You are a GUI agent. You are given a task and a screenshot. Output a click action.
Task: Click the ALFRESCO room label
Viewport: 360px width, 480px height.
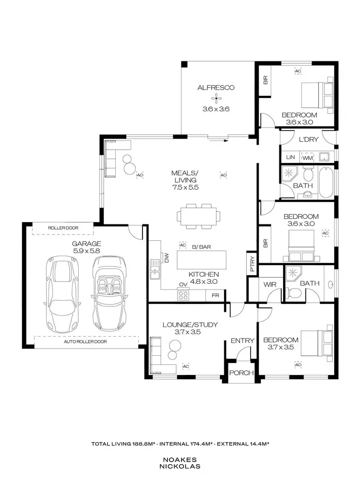point(216,87)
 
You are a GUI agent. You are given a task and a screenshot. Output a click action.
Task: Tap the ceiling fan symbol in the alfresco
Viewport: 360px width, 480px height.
point(217,99)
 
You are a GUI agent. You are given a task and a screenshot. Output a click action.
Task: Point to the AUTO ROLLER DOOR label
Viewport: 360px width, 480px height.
point(85,342)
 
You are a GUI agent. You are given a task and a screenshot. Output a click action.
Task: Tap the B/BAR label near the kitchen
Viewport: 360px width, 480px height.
point(201,247)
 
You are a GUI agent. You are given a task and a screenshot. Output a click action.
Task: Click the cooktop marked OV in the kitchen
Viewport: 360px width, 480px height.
point(183,295)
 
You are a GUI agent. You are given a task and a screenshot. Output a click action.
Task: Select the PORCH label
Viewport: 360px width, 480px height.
point(241,373)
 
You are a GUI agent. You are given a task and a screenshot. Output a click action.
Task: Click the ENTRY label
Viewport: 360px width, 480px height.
point(242,340)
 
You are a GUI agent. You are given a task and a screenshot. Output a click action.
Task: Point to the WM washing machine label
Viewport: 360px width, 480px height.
point(307,157)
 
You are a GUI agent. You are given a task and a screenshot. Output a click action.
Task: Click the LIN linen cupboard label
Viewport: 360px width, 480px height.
point(290,157)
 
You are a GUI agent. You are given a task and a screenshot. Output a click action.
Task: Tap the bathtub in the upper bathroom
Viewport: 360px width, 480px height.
point(326,182)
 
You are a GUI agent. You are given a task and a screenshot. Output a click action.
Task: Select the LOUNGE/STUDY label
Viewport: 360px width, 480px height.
point(190,325)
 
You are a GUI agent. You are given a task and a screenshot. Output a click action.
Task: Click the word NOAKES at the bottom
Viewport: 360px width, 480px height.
point(180,459)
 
